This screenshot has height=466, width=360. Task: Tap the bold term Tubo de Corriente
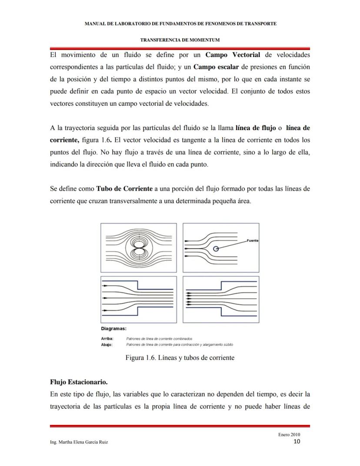(x=124, y=188)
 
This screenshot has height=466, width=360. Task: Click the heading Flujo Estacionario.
(x=79, y=382)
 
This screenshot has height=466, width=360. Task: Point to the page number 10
(x=297, y=442)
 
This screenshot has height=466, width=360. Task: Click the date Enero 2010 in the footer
(x=289, y=435)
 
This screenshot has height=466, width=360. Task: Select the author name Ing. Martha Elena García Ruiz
(x=79, y=442)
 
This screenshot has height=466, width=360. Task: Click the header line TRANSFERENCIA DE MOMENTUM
(x=180, y=40)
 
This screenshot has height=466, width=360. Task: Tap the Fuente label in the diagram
(x=252, y=241)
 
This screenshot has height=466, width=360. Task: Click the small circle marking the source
(x=216, y=248)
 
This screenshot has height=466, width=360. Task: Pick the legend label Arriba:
(x=107, y=339)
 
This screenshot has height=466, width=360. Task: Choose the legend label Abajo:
(x=107, y=345)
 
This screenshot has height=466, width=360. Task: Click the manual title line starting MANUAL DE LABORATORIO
(x=180, y=23)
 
